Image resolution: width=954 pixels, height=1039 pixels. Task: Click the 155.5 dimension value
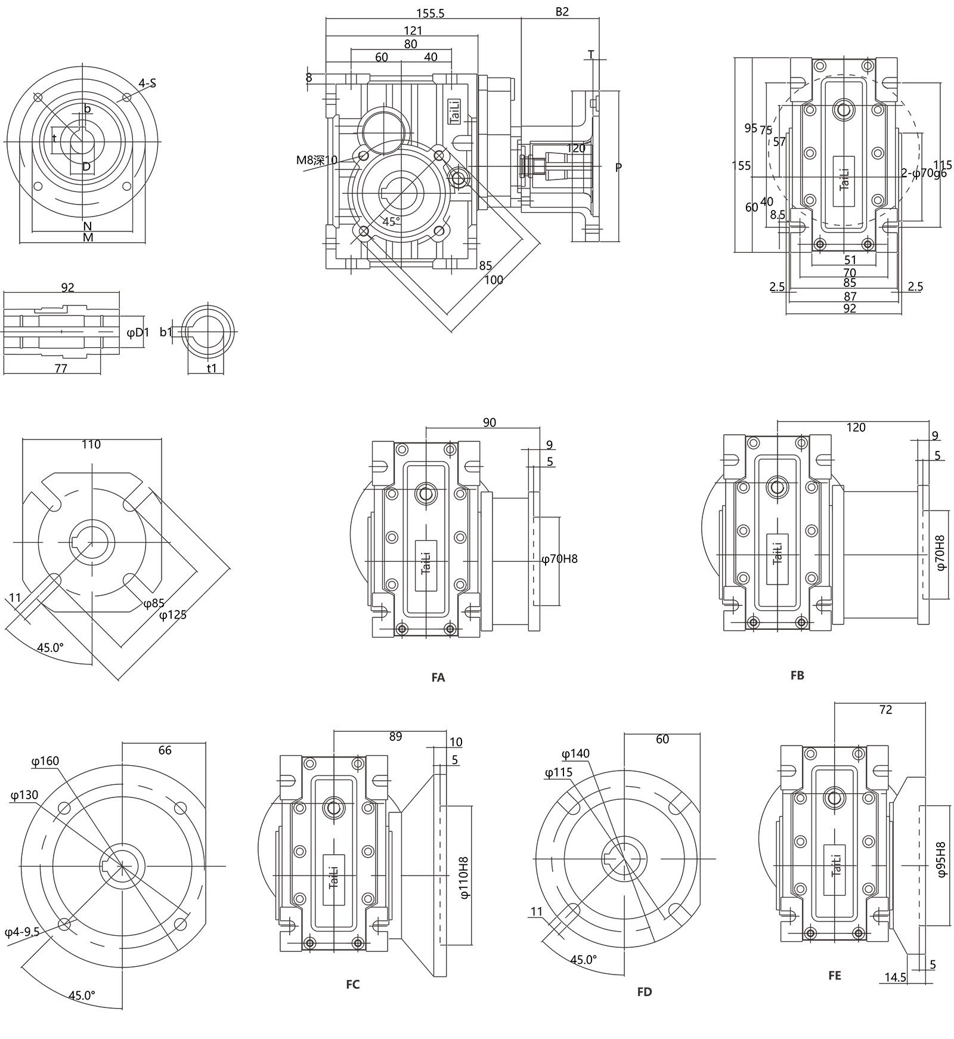[430, 13]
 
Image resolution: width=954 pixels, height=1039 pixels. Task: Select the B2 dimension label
[562, 12]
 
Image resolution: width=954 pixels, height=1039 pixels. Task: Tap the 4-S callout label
[147, 84]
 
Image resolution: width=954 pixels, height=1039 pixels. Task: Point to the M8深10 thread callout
[317, 160]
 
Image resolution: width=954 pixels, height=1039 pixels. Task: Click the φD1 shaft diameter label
[138, 332]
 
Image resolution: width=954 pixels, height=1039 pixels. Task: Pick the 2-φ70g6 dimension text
[924, 174]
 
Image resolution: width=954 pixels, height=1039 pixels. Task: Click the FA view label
[438, 678]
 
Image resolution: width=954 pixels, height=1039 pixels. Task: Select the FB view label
[797, 675]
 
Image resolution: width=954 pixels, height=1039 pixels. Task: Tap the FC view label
[353, 984]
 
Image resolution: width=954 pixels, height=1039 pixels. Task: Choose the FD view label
[645, 992]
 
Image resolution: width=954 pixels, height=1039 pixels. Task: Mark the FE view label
[835, 975]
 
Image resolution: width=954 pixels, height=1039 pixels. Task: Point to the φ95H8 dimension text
[941, 859]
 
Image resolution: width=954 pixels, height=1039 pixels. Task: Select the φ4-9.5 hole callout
[21, 932]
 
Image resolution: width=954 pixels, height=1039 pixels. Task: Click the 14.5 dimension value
[895, 978]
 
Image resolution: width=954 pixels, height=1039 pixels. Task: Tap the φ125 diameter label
[173, 614]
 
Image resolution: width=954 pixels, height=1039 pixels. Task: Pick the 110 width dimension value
[91, 444]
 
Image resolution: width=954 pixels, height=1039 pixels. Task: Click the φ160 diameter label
[45, 761]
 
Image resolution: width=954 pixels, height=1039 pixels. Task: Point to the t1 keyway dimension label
[212, 369]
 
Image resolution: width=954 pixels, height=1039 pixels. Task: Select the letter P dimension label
[618, 168]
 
